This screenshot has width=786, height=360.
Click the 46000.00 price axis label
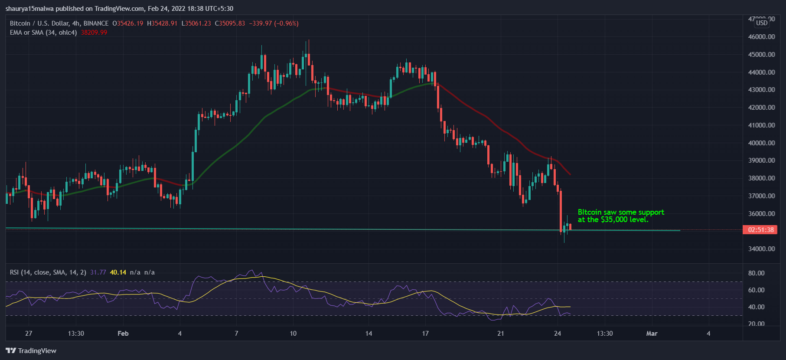[761, 37]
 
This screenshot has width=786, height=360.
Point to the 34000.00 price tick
[761, 249]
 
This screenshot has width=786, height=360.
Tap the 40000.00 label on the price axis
[761, 143]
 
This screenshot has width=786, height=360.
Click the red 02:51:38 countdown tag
[760, 230]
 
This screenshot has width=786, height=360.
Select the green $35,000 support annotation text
[620, 216]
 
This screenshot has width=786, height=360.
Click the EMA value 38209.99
[94, 33]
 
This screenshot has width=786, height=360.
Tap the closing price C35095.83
[230, 23]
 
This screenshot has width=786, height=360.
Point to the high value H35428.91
[162, 23]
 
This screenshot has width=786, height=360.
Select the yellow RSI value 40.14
[118, 272]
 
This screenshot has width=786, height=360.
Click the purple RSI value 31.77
[98, 272]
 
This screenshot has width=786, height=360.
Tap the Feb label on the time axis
[123, 334]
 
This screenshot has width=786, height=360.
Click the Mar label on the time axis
[652, 334]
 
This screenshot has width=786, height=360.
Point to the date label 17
[425, 334]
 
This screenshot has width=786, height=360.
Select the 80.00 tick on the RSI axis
[756, 273]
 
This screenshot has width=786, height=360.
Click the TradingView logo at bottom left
[31, 350]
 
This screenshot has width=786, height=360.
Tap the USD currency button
[762, 23]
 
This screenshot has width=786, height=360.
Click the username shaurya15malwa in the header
[29, 9]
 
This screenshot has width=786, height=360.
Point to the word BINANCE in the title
[96, 23]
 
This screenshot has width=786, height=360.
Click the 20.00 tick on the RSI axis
[756, 324]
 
